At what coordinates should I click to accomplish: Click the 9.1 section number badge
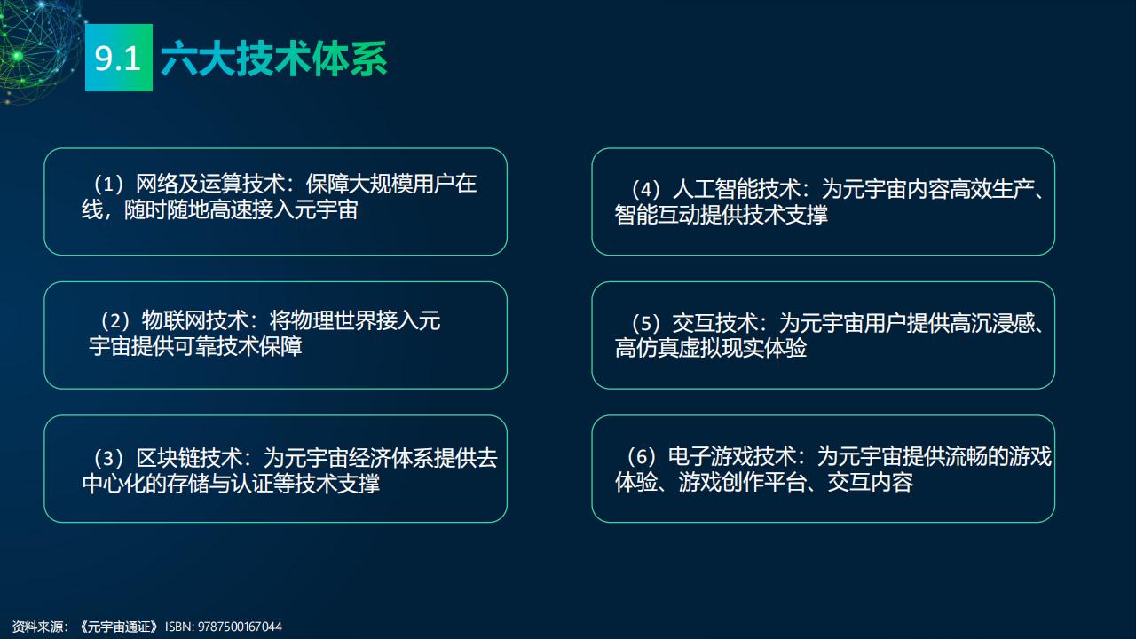coord(119,58)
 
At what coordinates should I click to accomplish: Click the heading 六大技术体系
coord(274,59)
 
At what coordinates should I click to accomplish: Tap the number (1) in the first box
coord(109,184)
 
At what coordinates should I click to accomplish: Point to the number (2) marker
coord(115,320)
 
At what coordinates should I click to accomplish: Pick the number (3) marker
coord(109,458)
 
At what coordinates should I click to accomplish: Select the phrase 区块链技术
coord(189,458)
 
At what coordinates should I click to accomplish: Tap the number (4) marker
coord(645,190)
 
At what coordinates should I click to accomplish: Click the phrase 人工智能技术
coord(737,189)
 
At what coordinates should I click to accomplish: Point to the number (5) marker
coord(645,324)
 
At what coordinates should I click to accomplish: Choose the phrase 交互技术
coord(715,323)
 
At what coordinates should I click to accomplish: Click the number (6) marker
coord(641,456)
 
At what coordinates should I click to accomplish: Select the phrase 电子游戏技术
coord(732,456)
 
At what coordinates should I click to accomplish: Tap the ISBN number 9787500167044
coord(240,627)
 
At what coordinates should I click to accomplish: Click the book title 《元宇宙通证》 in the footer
coord(119,627)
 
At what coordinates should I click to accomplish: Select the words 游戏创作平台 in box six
coord(743,482)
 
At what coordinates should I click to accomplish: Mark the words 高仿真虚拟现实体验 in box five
coord(711,349)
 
